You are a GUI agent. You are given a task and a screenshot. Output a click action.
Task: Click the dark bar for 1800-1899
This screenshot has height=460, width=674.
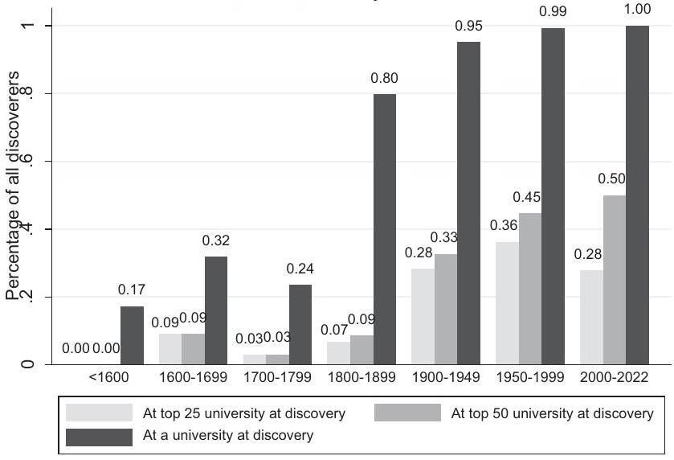(x=385, y=229)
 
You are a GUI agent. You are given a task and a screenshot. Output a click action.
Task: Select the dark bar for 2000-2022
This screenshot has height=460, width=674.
(x=637, y=195)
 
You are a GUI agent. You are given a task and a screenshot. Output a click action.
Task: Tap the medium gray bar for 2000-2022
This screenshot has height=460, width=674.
(x=614, y=280)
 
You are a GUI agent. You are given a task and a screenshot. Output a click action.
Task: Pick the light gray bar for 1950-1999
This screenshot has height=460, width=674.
(x=508, y=303)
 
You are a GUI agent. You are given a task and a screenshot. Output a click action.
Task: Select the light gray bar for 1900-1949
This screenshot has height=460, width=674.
(x=423, y=316)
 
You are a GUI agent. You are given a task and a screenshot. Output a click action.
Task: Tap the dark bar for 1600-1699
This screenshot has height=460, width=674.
(x=216, y=310)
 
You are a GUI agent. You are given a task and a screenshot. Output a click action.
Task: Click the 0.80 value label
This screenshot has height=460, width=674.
(x=384, y=79)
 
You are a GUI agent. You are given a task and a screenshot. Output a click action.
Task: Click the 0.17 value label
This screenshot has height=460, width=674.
(x=131, y=290)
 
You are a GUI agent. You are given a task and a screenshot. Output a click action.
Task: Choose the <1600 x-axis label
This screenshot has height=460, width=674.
(x=109, y=376)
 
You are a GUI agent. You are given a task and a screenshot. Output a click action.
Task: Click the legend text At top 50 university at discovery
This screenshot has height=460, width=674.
(x=553, y=413)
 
